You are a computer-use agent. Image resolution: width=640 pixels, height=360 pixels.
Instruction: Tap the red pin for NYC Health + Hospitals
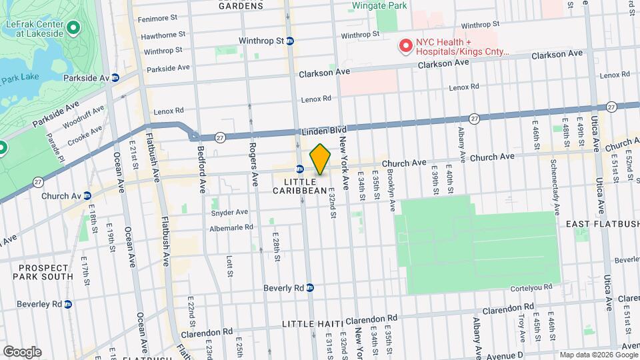pyautogui.click(x=405, y=45)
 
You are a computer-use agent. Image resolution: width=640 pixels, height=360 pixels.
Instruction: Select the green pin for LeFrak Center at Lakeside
pyautogui.click(x=75, y=28)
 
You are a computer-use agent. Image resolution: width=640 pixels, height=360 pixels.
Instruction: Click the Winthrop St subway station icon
pyautogui.click(x=290, y=41)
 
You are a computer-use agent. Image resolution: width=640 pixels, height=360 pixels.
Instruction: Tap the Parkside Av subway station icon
pyautogui.click(x=115, y=78)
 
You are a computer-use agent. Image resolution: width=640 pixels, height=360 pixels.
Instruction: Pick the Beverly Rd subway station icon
pyautogui.click(x=310, y=288)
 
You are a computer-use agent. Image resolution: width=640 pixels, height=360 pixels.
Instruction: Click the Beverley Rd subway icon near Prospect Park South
pyautogui.click(x=68, y=304)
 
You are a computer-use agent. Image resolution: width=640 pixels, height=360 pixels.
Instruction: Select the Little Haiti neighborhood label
pyautogui.click(x=312, y=324)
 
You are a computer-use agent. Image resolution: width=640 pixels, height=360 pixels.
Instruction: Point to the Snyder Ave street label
pyautogui.click(x=229, y=213)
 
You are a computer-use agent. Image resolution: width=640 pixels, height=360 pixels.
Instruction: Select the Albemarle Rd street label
pyautogui.click(x=230, y=227)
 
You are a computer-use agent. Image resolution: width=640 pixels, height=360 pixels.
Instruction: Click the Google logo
pyautogui.click(x=22, y=352)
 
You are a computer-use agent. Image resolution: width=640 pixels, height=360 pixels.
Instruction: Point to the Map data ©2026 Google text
pyautogui.click(x=597, y=355)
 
